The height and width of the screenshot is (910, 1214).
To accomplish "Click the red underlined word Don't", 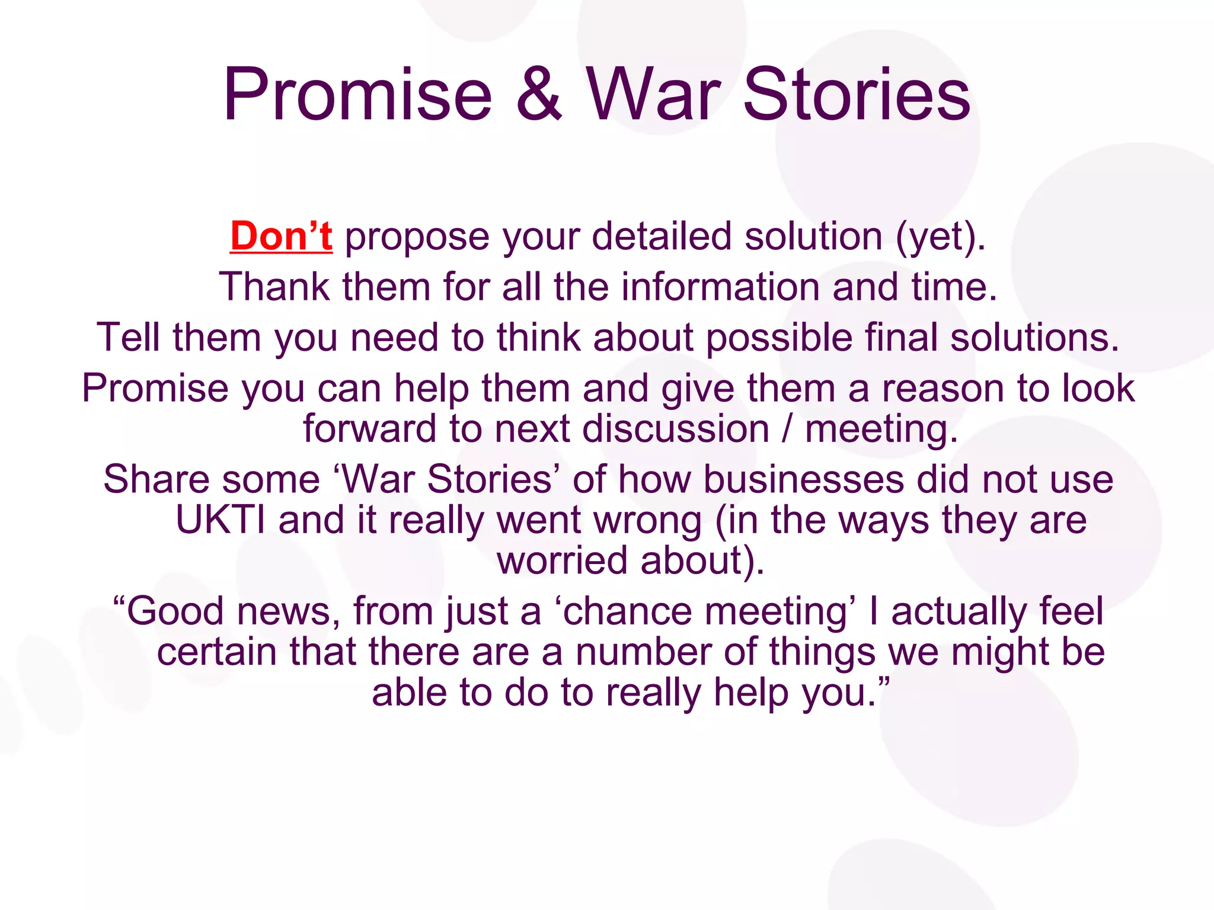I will tap(281, 236).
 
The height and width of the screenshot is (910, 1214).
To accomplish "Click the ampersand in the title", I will tap(538, 95).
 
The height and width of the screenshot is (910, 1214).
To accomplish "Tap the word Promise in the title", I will tap(357, 95).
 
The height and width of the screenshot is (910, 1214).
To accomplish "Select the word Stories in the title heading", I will tap(857, 95).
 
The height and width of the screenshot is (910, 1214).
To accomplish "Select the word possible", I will tap(779, 338).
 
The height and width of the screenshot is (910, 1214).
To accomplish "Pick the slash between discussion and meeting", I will tap(787, 429).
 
